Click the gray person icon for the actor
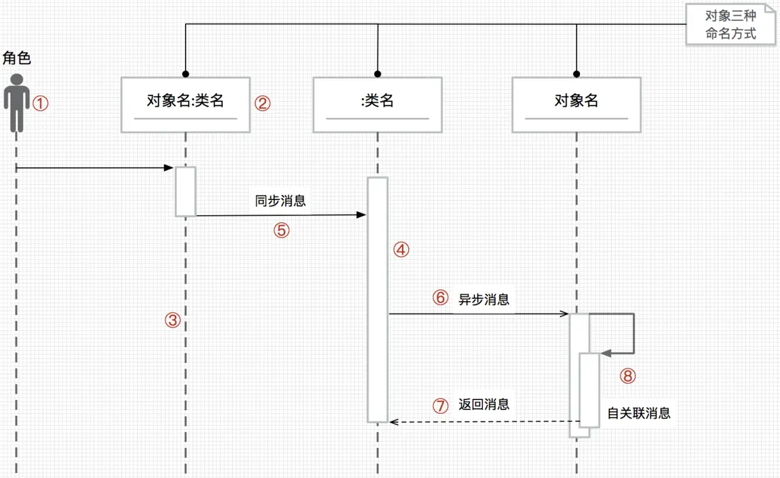pyautogui.click(x=16, y=103)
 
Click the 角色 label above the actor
pyautogui.click(x=17, y=58)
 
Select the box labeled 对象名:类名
pyautogui.click(x=186, y=104)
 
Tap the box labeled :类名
pyautogui.click(x=377, y=104)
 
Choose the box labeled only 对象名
pyautogui.click(x=576, y=104)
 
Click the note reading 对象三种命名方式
pyautogui.click(x=730, y=25)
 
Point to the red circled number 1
pyautogui.click(x=40, y=103)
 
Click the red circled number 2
pyautogui.click(x=262, y=104)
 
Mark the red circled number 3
pyautogui.click(x=173, y=321)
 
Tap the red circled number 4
pyautogui.click(x=401, y=250)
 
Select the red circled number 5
pyautogui.click(x=281, y=230)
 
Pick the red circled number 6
pyautogui.click(x=440, y=297)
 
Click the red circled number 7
pyautogui.click(x=441, y=406)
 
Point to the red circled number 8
pyautogui.click(x=628, y=376)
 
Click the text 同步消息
pyautogui.click(x=281, y=201)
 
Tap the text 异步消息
pyautogui.click(x=484, y=299)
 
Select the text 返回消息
pyautogui.click(x=484, y=404)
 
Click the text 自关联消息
pyautogui.click(x=638, y=413)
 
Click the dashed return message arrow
pyautogui.click(x=484, y=421)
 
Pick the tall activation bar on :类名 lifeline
pyautogui.click(x=377, y=299)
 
